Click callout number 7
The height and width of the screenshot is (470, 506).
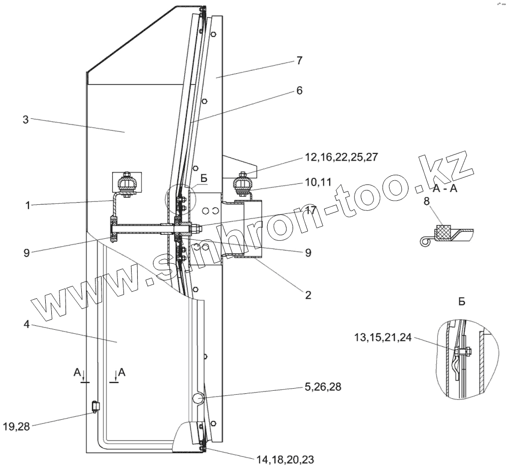point(299,60)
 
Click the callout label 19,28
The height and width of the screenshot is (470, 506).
point(16,427)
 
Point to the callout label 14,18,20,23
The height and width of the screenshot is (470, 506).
point(284,460)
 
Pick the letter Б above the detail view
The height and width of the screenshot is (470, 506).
point(461,302)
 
